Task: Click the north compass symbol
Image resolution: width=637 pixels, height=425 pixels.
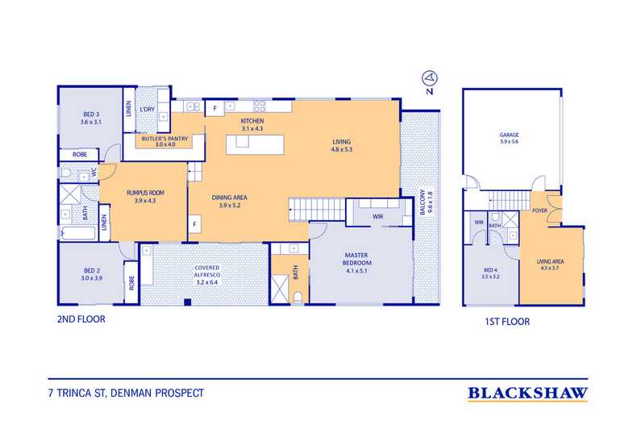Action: [x=430, y=77]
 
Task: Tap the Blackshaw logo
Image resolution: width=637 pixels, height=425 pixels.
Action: [x=527, y=394]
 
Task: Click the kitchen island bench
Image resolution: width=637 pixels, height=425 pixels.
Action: [x=255, y=144]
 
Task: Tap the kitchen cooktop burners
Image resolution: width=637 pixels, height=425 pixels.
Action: [x=259, y=106]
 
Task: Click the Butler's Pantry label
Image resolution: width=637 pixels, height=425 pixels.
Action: [x=164, y=139]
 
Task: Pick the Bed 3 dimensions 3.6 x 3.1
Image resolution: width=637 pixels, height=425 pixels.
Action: [x=90, y=122]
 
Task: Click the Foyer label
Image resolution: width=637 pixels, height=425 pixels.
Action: [x=539, y=210]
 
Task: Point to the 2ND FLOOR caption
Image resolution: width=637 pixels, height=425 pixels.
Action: [x=81, y=319]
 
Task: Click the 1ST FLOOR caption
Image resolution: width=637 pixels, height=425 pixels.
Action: [x=507, y=322]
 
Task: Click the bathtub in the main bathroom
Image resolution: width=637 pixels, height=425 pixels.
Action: [x=78, y=234]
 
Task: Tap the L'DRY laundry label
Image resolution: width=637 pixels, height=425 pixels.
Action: [x=147, y=110]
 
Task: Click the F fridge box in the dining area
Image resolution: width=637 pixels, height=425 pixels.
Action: [x=195, y=224]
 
